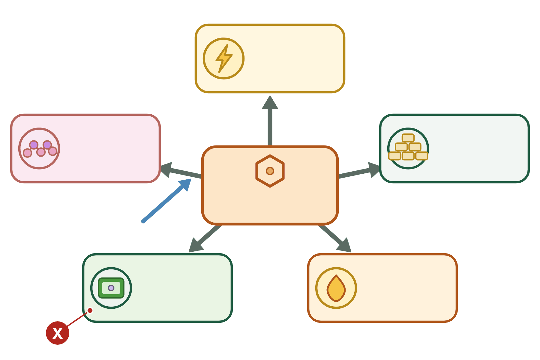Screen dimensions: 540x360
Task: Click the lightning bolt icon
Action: coord(224,58)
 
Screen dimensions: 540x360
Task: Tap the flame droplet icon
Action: coord(336,288)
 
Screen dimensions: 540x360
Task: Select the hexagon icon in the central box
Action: coord(270,171)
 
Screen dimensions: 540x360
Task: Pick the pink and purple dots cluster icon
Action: coord(39,148)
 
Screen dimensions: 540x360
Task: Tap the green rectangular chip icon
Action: coord(111,288)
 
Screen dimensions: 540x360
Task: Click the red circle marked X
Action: coord(58,333)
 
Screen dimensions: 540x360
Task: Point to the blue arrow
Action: coord(166,200)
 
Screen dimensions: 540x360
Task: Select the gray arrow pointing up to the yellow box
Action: coord(270,121)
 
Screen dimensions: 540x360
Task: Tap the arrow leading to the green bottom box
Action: coord(205,239)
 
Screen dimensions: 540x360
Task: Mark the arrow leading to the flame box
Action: coord(335,239)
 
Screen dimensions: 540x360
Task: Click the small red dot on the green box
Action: coord(90,310)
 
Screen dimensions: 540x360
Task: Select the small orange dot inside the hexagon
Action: coord(270,171)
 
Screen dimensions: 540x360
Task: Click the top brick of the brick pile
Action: coord(408,138)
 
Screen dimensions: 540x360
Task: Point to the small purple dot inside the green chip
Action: coord(111,288)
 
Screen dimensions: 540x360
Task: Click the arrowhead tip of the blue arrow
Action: coord(191,179)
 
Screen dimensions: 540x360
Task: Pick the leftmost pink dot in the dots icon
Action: coord(27,153)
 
